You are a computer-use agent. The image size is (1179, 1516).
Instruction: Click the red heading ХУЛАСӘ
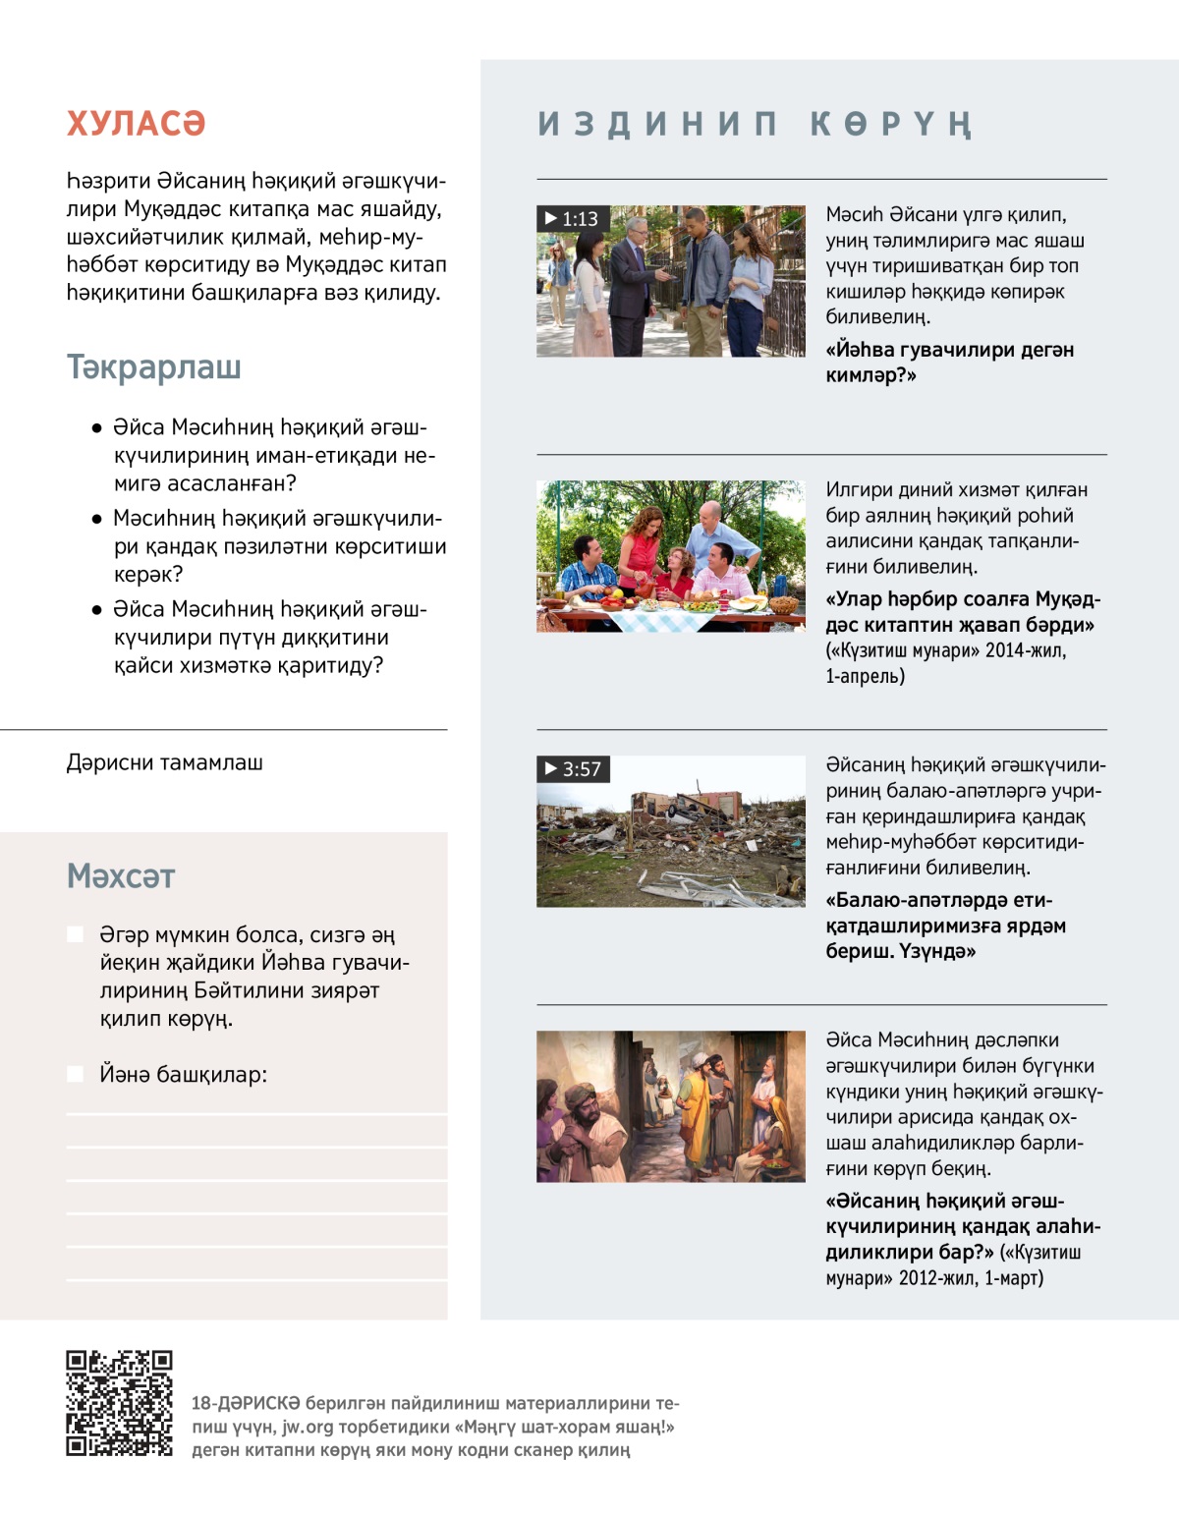coord(136,124)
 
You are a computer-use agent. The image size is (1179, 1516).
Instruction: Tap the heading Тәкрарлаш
coord(154,367)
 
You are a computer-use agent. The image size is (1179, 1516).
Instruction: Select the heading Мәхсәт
coord(121,876)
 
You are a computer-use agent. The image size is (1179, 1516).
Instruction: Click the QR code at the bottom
coord(119,1403)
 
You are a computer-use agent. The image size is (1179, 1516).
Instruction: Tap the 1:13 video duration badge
coord(572,219)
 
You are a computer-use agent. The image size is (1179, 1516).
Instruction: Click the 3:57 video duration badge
coord(573,769)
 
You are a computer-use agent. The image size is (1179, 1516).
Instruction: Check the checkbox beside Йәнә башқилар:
coord(75,1074)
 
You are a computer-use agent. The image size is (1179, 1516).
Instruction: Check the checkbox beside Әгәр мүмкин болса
coord(75,934)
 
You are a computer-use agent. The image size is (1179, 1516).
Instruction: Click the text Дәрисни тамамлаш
coord(164,763)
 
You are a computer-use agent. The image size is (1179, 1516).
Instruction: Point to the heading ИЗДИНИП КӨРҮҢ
coord(755,125)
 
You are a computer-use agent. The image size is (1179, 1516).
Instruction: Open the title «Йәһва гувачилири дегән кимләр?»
coord(949,363)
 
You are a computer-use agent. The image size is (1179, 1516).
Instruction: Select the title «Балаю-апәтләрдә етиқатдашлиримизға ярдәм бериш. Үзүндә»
coord(945,926)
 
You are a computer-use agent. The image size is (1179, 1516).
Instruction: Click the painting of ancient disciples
coord(670,1106)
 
